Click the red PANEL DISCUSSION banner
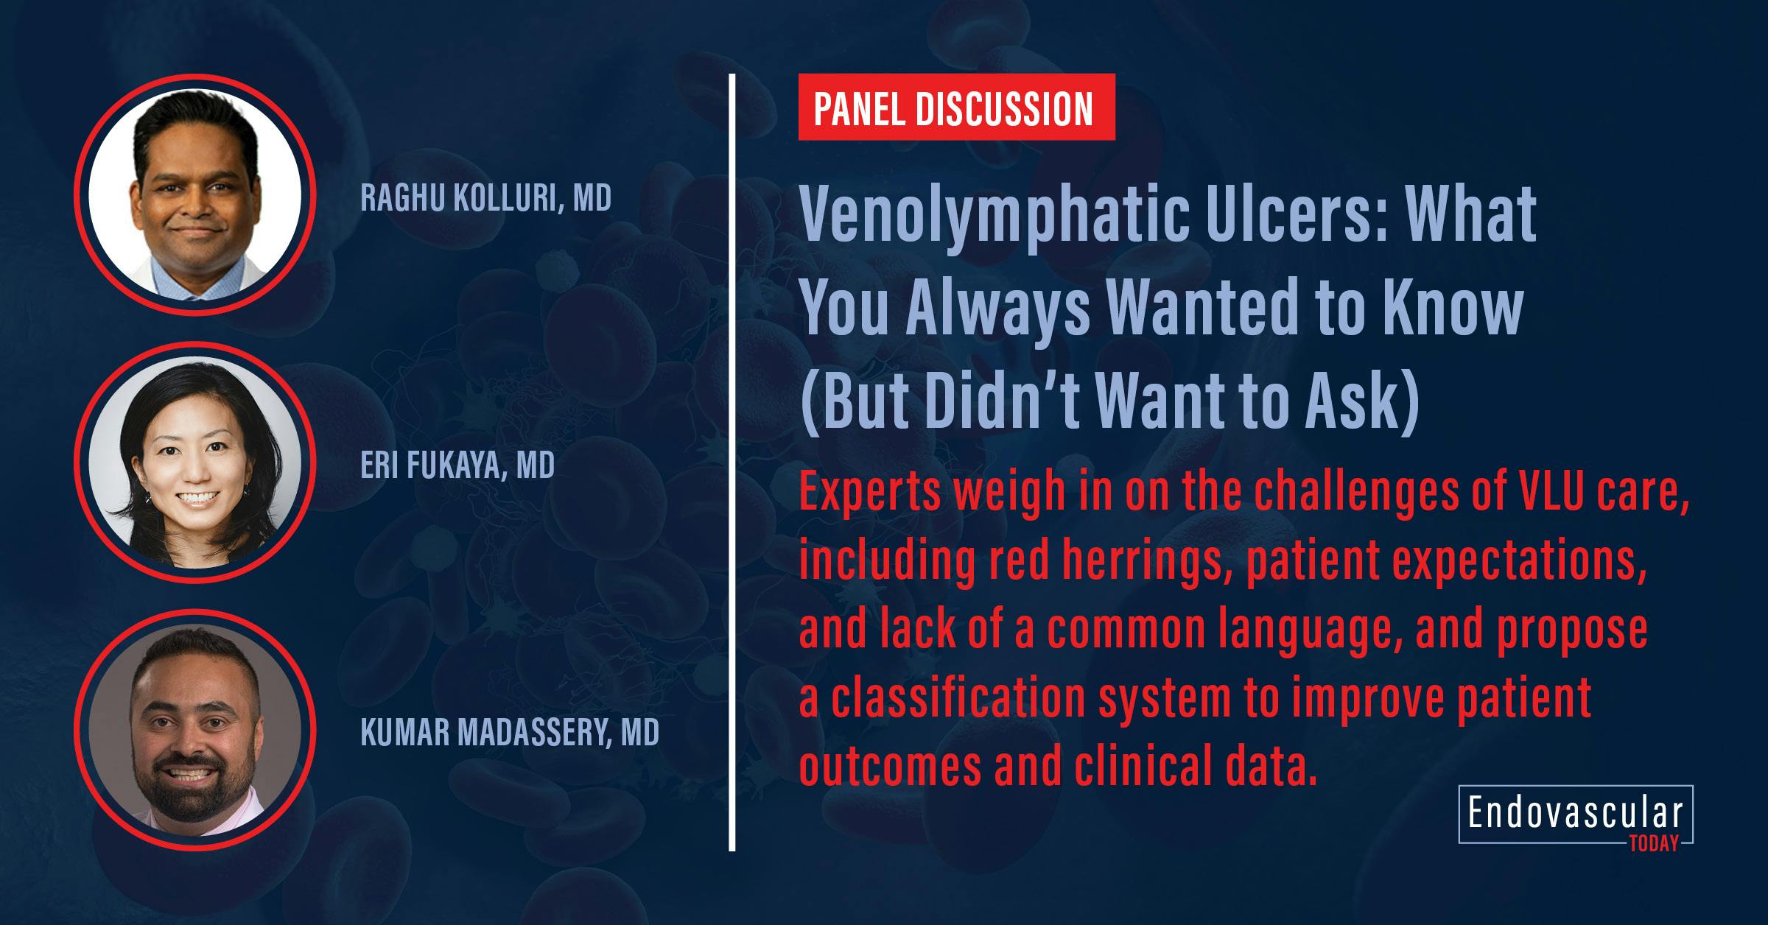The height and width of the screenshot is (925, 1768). (x=955, y=108)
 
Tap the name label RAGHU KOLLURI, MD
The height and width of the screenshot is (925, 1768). (x=486, y=198)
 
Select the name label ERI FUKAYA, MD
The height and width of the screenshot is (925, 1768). (x=457, y=465)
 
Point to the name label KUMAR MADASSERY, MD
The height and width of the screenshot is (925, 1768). (x=510, y=733)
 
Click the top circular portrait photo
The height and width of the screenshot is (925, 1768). (x=195, y=194)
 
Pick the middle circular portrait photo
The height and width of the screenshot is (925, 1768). (x=195, y=462)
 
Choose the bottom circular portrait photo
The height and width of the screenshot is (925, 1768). (x=195, y=730)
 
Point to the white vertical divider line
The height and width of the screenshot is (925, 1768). (x=732, y=462)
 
